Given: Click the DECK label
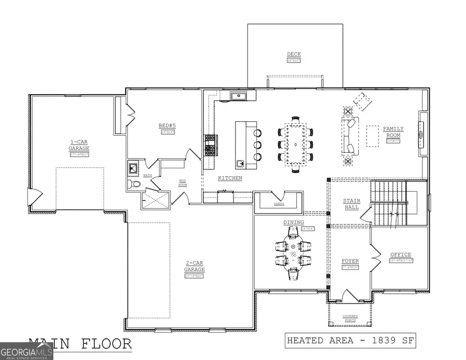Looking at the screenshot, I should point(294,54).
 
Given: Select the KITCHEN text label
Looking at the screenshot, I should point(230,178).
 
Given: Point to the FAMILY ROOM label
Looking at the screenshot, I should point(393,132).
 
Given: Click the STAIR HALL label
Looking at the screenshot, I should point(352,204).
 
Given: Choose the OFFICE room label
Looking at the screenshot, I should point(400,254).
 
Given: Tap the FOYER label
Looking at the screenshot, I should point(350,261).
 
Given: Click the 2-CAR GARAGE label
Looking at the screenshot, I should point(195,267).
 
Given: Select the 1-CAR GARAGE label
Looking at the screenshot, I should point(80,145).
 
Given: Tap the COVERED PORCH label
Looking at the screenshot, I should point(350,318).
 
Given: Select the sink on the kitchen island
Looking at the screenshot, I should point(241,164).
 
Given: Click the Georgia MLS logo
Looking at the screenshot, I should point(26,352).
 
